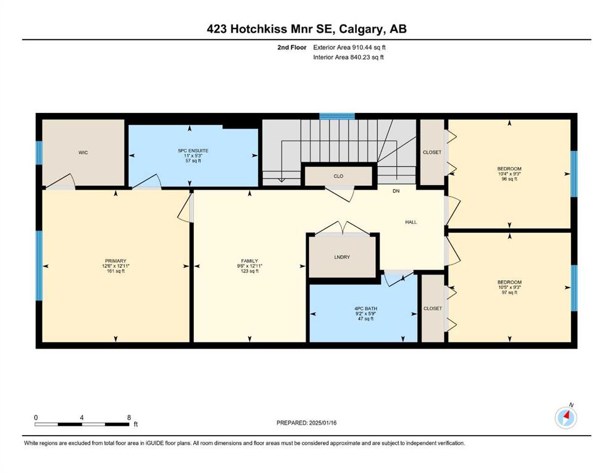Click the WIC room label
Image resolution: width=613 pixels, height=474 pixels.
tap(83, 152)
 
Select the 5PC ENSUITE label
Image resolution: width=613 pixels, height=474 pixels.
tap(193, 151)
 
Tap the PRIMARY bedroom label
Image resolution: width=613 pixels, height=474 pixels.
tap(115, 261)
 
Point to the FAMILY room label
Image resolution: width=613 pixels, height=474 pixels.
tap(249, 261)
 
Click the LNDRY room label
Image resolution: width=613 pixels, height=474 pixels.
tap(342, 257)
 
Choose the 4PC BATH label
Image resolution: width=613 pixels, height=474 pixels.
tap(365, 309)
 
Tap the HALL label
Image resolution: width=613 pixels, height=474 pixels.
tap(411, 222)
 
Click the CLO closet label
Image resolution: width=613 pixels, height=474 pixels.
tap(338, 177)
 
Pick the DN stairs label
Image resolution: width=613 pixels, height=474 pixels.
tap(396, 191)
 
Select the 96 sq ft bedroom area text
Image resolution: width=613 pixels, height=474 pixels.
tap(509, 179)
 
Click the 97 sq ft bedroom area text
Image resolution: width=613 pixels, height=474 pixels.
tap(509, 293)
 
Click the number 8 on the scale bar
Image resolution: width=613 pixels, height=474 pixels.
tap(129, 417)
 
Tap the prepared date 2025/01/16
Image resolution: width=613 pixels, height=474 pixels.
tap(323, 423)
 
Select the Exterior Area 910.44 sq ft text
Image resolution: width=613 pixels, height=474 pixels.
tap(349, 48)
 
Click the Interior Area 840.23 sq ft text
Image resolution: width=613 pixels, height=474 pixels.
tap(348, 57)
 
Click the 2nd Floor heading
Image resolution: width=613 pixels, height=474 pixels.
tap(292, 48)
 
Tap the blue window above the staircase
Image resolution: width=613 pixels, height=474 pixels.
tap(337, 116)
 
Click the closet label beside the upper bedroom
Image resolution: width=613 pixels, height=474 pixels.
tap(432, 152)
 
